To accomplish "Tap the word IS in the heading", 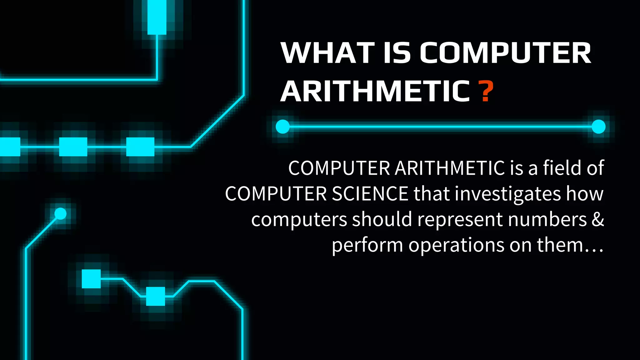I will (397, 53).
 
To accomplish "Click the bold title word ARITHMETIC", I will (375, 91).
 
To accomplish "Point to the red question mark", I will (486, 91).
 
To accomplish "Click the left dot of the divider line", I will (283, 127).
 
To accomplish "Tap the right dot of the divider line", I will (598, 127).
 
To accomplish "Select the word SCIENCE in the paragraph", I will (370, 194).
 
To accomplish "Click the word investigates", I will (508, 194).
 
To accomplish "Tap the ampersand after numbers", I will (598, 219).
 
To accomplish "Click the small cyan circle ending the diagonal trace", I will (60, 214).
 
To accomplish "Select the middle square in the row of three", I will (73, 147).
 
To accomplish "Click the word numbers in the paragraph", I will (547, 219).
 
